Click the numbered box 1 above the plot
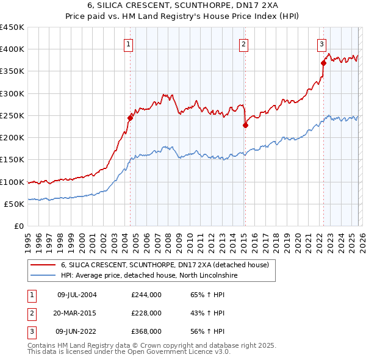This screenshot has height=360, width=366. (129, 43)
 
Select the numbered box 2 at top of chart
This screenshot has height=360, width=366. (243, 43)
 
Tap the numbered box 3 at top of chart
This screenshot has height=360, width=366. (321, 43)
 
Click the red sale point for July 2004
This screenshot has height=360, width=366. (130, 118)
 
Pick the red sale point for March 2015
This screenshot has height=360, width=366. (245, 125)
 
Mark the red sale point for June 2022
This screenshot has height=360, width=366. (323, 63)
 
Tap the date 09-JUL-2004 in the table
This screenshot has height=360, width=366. (77, 295)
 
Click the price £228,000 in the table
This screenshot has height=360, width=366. (146, 313)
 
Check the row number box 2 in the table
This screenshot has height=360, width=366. (30, 313)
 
